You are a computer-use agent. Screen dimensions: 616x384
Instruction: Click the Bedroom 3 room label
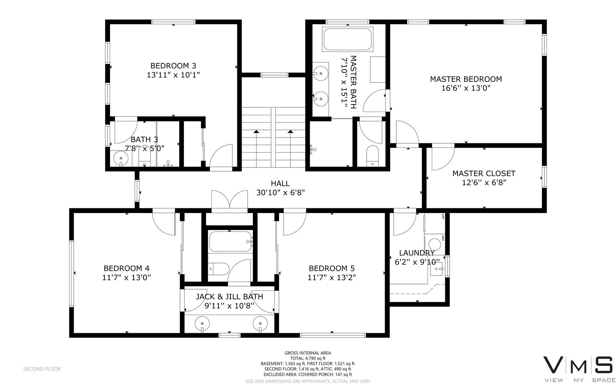coord(173,66)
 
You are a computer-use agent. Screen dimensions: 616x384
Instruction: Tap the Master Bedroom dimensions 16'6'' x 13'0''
coord(466,88)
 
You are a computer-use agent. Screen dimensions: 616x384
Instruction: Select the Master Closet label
coord(484,174)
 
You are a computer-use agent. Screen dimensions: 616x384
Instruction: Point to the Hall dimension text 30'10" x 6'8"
coord(280,193)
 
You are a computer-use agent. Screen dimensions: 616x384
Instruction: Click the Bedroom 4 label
coord(126,268)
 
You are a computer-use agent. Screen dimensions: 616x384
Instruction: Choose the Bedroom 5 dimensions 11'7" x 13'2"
coord(332,277)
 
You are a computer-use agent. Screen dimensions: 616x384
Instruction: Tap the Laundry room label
coord(417,253)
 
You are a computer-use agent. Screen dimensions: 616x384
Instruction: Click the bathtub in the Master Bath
coord(347,39)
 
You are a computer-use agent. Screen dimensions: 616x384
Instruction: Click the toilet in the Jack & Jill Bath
coord(218,269)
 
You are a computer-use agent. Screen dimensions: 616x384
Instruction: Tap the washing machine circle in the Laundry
coord(435,245)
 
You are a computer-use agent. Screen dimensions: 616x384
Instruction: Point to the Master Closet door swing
coord(443,157)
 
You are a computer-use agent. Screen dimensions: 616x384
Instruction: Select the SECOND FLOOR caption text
coord(42,369)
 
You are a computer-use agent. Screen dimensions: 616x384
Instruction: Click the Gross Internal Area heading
coord(307,353)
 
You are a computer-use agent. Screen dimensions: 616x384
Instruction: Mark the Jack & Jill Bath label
coord(229,297)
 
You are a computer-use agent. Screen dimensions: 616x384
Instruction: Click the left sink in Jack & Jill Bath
coord(202,324)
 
